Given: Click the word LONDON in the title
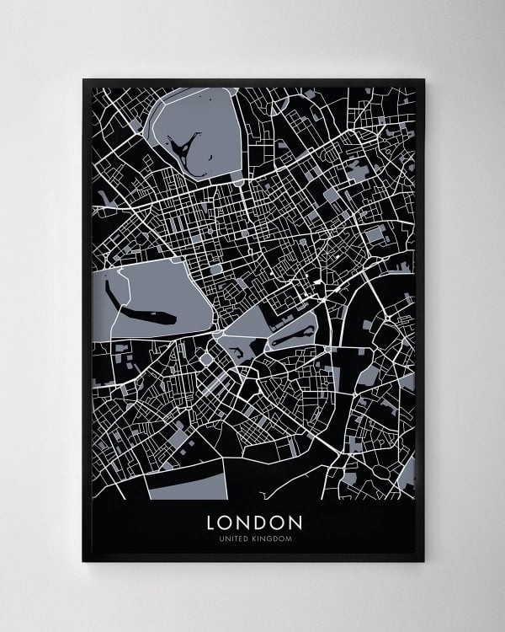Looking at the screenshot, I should (253, 522).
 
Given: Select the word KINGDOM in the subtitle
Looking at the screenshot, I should (271, 539).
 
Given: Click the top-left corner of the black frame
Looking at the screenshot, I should (83, 80).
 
